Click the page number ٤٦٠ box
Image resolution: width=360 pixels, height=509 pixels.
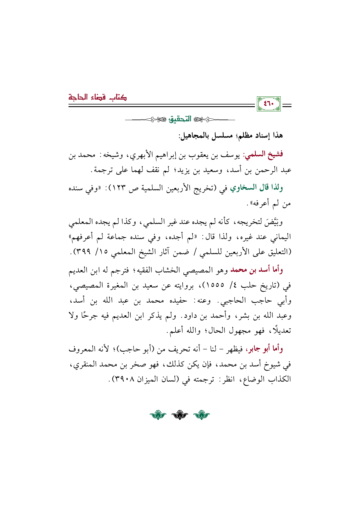coord(269,104)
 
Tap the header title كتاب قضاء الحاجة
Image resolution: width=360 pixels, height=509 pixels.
coord(98,97)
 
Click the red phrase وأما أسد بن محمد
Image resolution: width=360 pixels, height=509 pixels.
coord(257,270)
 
